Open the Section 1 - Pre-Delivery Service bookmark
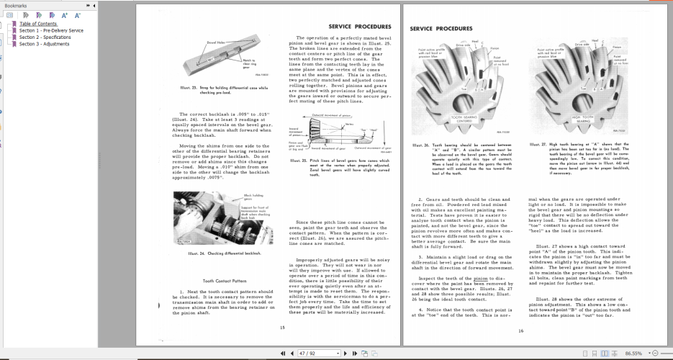click(50, 31)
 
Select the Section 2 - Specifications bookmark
click(45, 37)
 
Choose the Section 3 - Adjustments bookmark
click(44, 44)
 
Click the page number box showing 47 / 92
click(310, 354)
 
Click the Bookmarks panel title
click(16, 5)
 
